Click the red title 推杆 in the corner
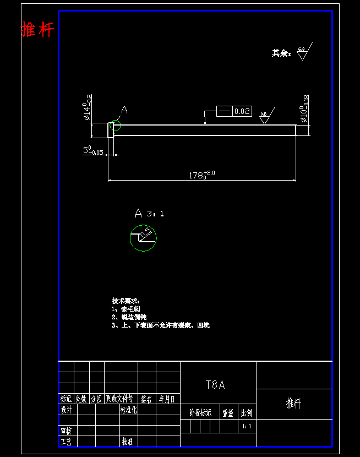click(x=38, y=29)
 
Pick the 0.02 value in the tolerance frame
click(x=242, y=111)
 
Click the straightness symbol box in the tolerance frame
click(x=224, y=111)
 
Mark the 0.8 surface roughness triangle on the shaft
click(x=264, y=118)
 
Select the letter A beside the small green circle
click(x=124, y=110)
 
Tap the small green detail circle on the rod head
click(x=115, y=126)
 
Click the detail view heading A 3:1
click(x=149, y=213)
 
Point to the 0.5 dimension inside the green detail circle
click(x=146, y=234)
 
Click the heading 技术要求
click(x=126, y=301)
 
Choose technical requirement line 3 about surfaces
click(x=160, y=325)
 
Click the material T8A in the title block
click(x=215, y=385)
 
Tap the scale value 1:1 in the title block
click(x=247, y=426)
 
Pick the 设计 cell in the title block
click(x=66, y=410)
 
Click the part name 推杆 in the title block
click(x=294, y=404)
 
